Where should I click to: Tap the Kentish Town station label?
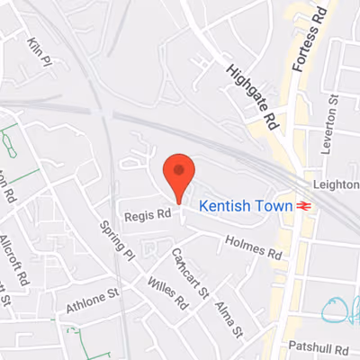click(x=245, y=206)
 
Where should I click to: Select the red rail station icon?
click(x=304, y=206)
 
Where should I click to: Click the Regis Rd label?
click(x=148, y=215)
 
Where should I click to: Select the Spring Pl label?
click(x=118, y=242)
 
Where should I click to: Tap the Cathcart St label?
click(x=190, y=273)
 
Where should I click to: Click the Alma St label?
click(x=229, y=319)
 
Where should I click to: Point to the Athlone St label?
click(x=93, y=301)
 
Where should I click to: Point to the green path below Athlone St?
click(x=85, y=342)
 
